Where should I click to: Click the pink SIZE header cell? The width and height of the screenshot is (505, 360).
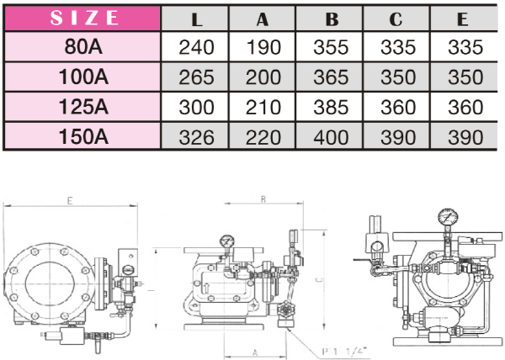tap(82, 18)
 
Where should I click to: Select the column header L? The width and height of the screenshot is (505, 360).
tap(196, 19)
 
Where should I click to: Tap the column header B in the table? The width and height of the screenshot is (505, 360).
tap(332, 19)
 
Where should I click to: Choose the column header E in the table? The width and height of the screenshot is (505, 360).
tap(462, 19)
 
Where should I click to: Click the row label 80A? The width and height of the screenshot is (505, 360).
tap(83, 46)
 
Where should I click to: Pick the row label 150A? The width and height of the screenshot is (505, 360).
tap(83, 137)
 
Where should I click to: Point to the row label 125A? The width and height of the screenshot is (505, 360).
tap(83, 107)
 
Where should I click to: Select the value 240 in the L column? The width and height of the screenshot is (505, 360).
tap(196, 47)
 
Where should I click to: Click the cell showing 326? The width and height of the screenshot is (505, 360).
tap(196, 137)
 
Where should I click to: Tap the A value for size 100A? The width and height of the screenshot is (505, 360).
tap(263, 77)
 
